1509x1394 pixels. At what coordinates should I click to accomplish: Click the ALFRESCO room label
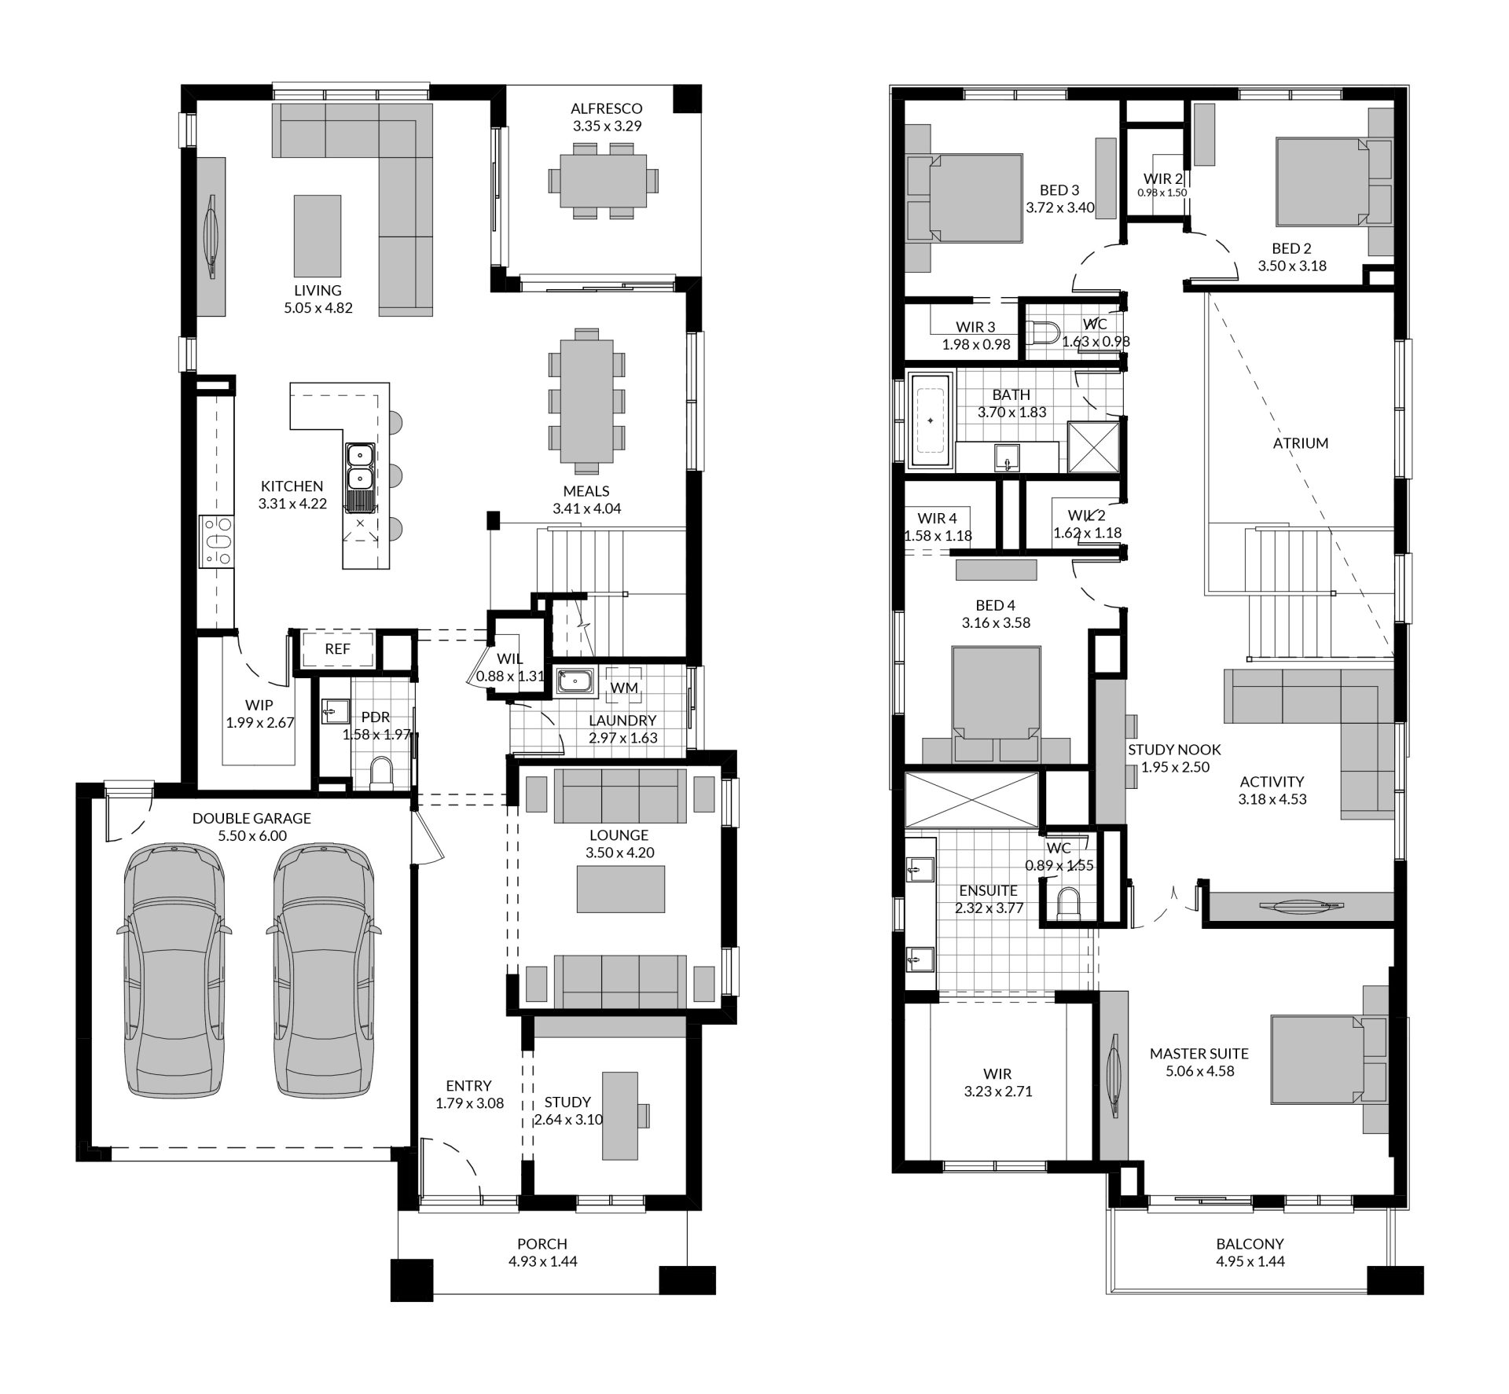point(606,108)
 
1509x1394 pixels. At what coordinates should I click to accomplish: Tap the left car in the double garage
point(174,972)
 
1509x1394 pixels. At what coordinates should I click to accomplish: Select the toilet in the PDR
point(381,772)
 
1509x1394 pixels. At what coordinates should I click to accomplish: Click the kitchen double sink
point(360,467)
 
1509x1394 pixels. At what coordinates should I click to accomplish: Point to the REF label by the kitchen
point(337,649)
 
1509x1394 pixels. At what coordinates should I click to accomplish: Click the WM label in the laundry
point(624,688)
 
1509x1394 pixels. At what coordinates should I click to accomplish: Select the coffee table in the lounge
point(621,889)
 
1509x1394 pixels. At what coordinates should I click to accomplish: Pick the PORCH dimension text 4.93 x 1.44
point(542,1261)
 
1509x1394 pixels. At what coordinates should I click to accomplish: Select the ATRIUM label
point(1301,443)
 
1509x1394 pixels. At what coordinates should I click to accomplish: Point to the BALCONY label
point(1250,1244)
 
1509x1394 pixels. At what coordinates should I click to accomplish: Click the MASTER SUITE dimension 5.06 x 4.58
point(1199,1071)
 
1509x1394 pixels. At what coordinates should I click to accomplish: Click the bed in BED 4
point(996,705)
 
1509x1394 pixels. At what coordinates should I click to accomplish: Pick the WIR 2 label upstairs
point(1163,178)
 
